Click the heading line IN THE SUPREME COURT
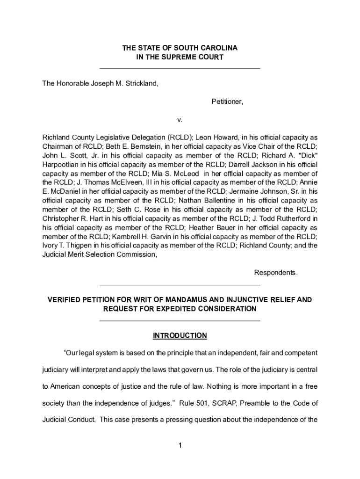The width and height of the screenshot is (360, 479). point(180,58)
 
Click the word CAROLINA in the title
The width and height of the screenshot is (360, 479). point(220,48)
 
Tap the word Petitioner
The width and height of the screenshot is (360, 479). point(227,101)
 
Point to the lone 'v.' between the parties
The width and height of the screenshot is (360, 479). point(180,120)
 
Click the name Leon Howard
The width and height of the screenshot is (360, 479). point(213,138)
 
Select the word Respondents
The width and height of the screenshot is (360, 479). point(275,273)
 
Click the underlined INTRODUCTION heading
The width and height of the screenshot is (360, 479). point(180,335)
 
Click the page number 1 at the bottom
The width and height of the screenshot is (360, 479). point(180,446)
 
